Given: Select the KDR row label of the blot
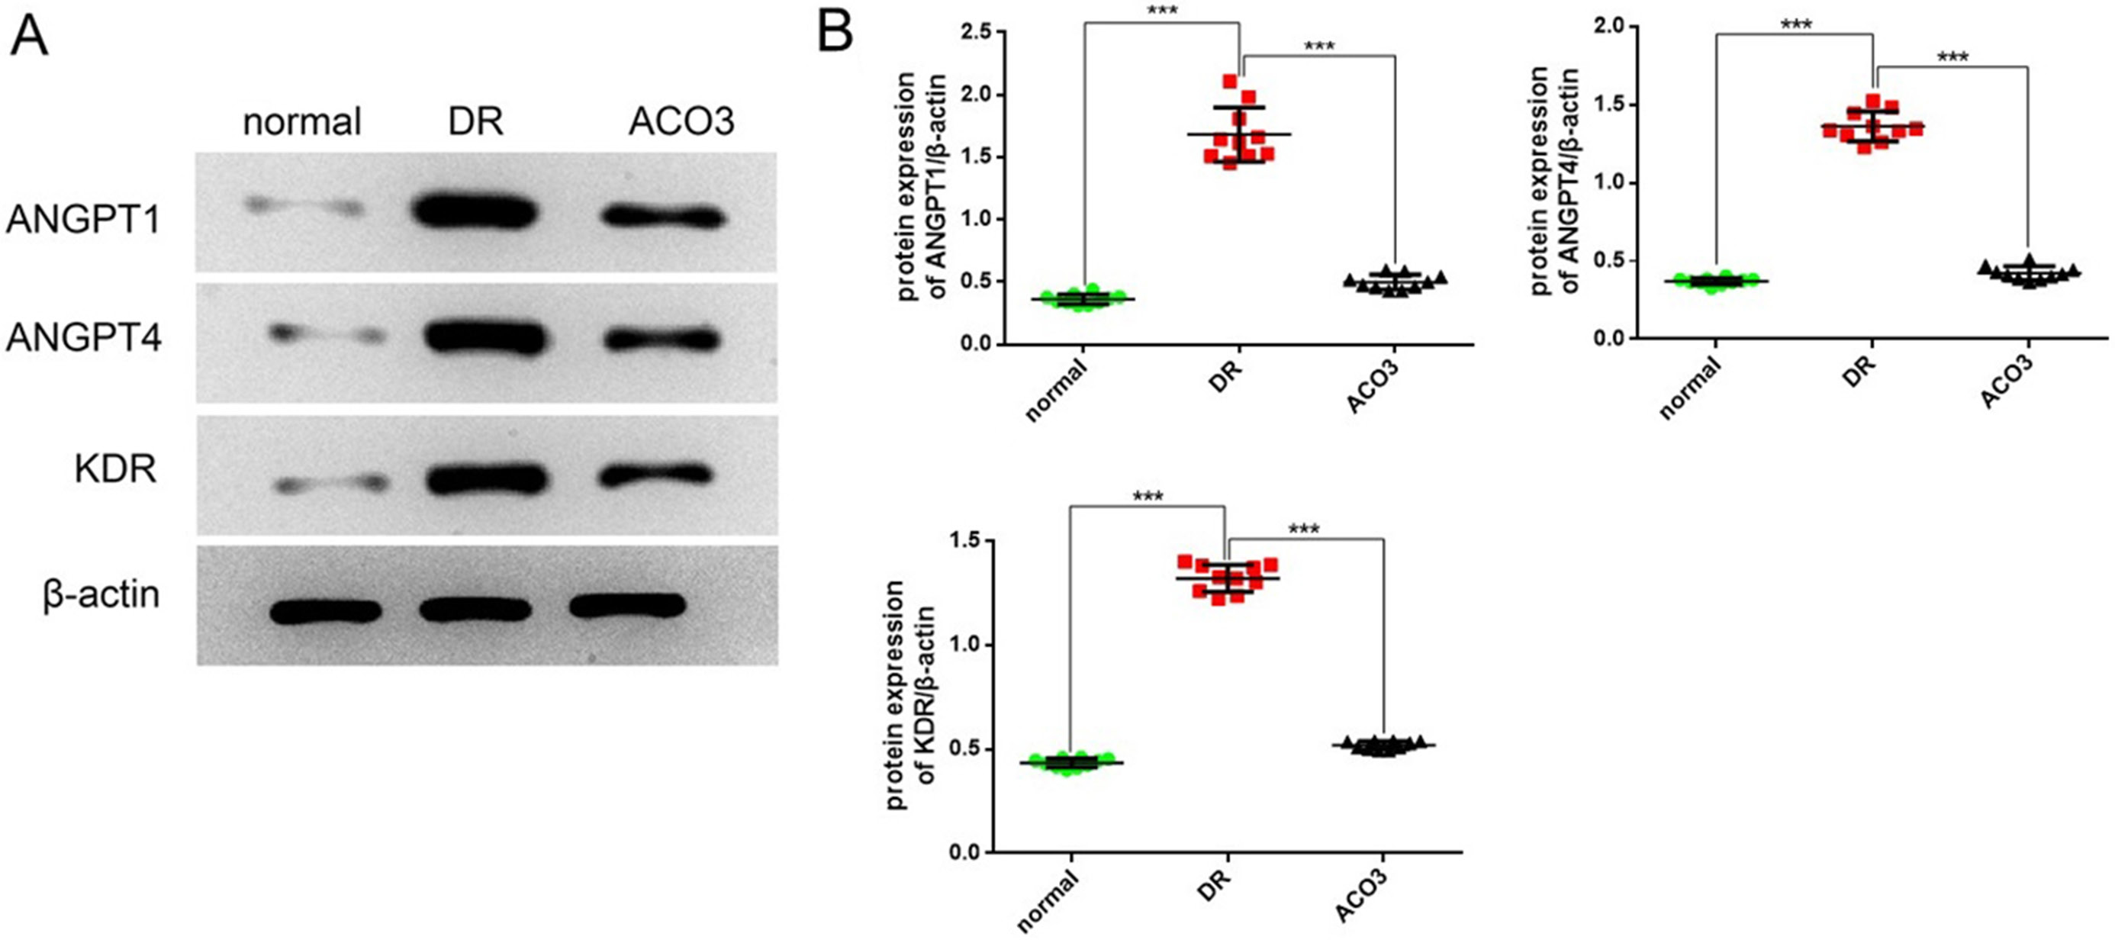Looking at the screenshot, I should click(115, 469).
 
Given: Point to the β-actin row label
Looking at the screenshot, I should click(101, 595).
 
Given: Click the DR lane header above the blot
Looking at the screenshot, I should click(475, 122).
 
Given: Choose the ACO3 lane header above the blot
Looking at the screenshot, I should click(681, 122).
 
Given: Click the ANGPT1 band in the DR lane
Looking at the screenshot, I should click(475, 213).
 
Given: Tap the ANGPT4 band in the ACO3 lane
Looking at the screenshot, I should click(663, 338).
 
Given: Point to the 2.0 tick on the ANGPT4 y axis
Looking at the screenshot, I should click(1607, 25).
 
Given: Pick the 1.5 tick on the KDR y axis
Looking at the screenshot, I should click(967, 540).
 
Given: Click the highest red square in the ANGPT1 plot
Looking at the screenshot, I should click(1229, 82).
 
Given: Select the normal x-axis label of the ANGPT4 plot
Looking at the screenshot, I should click(1690, 389).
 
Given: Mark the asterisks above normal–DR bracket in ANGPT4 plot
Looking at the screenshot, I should click(1795, 24).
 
